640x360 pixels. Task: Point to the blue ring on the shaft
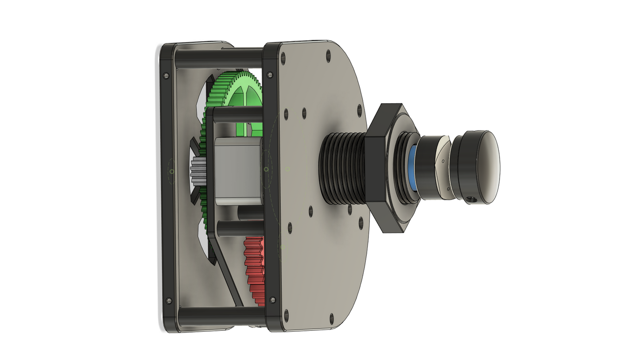click(x=411, y=168)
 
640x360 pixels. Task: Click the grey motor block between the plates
click(x=237, y=170)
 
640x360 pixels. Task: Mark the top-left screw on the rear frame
click(x=166, y=76)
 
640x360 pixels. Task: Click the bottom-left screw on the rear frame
click(x=169, y=301)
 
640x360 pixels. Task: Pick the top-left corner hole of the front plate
click(x=283, y=57)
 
